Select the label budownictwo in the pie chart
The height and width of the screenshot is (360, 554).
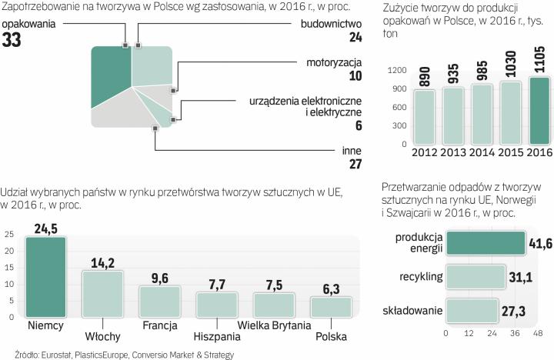click(x=332, y=23)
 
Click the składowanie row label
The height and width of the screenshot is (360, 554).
click(x=412, y=311)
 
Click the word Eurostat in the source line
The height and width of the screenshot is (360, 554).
click(x=48, y=355)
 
